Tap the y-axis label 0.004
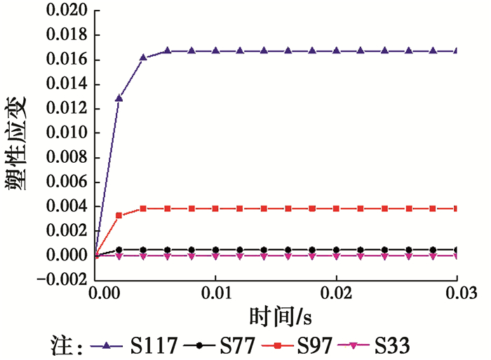pyautogui.click(x=67, y=206)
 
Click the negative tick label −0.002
pyautogui.click(x=62, y=279)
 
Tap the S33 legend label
pyautogui.click(x=392, y=345)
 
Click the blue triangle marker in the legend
pyautogui.click(x=107, y=345)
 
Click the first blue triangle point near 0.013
pyautogui.click(x=119, y=98)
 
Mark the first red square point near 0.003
pyautogui.click(x=119, y=215)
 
